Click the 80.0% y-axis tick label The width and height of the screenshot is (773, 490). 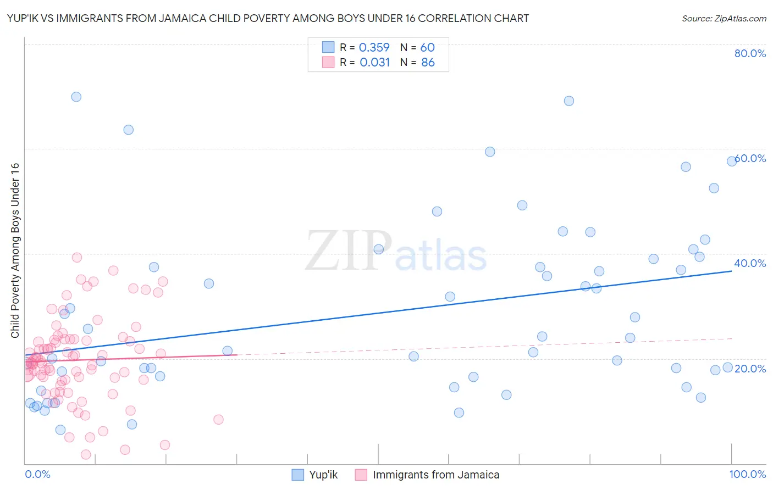pos(750,53)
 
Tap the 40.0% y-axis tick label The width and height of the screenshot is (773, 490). pos(750,263)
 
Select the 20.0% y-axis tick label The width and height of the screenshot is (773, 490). pos(750,369)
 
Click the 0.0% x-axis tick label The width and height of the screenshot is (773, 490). pos(37,474)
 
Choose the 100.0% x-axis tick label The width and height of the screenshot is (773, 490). pos(747,474)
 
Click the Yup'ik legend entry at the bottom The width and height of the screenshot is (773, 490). pos(323,475)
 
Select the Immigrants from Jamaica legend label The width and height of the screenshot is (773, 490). pos(436,475)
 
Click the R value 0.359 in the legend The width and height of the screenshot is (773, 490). pos(374,48)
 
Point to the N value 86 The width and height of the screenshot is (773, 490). pos(428,63)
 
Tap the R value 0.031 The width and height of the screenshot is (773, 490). pos(375,63)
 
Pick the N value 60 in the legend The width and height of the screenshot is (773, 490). pos(428,48)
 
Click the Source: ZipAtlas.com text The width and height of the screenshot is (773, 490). pos(724,19)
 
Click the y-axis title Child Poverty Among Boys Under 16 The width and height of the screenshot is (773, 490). pos(15,250)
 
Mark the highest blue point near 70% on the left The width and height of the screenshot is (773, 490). pos(76,97)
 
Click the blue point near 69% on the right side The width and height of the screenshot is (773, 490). pos(569,101)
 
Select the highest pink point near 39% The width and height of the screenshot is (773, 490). pos(77,258)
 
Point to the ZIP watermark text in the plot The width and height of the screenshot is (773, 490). pos(349,252)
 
